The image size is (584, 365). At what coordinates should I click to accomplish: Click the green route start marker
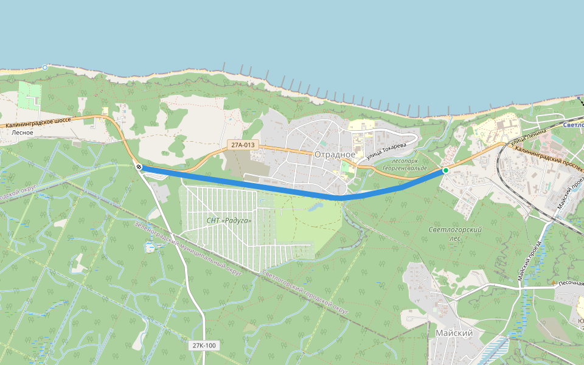(445, 170)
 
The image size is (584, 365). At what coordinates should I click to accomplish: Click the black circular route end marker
(139, 167)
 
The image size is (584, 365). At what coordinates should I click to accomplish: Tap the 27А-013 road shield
(243, 145)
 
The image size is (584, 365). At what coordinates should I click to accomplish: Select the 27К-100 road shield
(204, 346)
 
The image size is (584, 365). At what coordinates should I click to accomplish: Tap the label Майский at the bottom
(454, 333)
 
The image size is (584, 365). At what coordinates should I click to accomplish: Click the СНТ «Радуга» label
(229, 220)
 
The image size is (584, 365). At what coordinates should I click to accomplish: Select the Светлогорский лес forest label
(455, 234)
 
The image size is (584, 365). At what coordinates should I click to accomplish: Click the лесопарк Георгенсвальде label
(401, 164)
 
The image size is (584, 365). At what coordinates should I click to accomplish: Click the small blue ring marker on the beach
(45, 68)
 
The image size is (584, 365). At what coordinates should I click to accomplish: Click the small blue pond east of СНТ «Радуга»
(316, 207)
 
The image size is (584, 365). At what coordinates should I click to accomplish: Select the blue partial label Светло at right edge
(573, 125)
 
